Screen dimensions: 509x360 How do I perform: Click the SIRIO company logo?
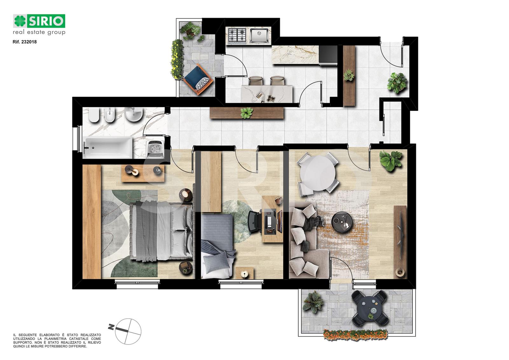click(39, 25)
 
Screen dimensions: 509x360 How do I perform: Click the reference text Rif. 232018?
click(25, 42)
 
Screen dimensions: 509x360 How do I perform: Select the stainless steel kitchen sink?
click(259, 35)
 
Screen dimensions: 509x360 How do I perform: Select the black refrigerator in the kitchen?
click(328, 55)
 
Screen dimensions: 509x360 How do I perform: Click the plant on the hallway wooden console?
click(246, 113)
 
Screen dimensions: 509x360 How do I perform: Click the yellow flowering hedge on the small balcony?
click(177, 59)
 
